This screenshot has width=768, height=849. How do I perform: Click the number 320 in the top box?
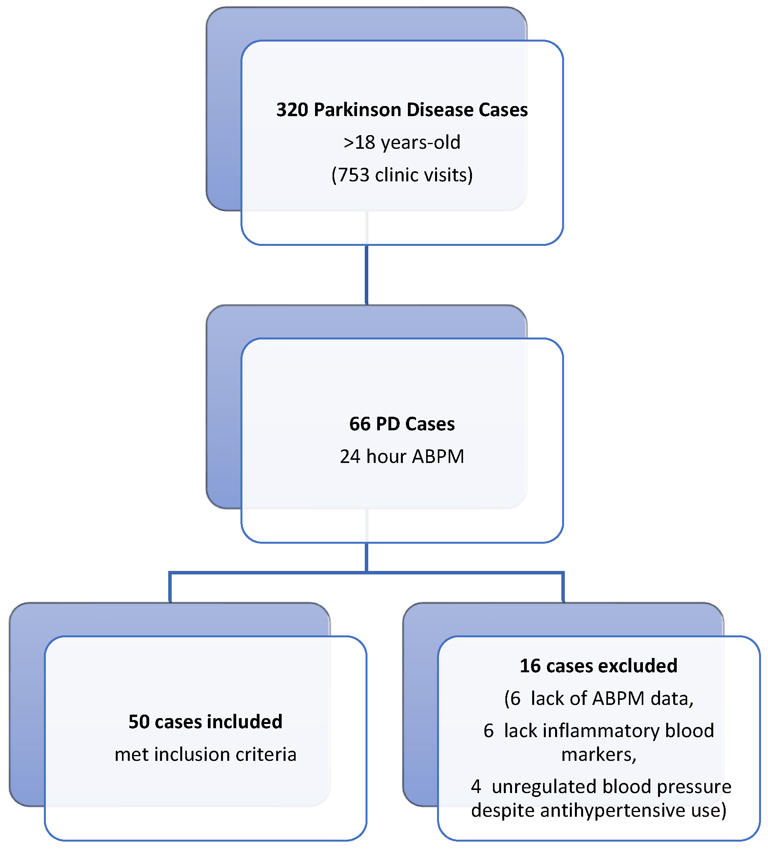293,110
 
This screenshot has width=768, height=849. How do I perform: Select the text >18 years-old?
402,143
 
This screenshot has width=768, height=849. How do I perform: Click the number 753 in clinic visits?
354,175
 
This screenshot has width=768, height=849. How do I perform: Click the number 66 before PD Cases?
359,424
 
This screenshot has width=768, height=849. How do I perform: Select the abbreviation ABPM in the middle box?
438,456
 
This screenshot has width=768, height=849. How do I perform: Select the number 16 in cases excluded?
529,666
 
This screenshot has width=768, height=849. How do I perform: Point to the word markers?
599,754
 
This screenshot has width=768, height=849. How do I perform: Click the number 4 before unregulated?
475,787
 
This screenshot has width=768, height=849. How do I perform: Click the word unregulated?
544,787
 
